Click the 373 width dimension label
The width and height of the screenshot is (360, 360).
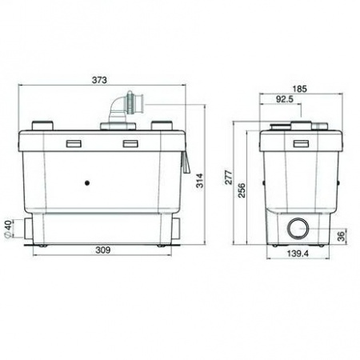tap(99, 80)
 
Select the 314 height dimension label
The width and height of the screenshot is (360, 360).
tap(200, 181)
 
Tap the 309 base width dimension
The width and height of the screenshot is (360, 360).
tap(103, 250)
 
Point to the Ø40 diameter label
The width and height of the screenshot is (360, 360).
tap(9, 229)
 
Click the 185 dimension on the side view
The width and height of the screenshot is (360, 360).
tap(300, 89)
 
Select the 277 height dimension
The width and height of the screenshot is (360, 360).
tap(229, 177)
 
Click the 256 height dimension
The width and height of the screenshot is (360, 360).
tap(242, 190)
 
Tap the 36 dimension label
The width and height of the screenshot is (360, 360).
tap(341, 236)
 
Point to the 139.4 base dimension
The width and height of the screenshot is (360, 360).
tap(298, 254)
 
